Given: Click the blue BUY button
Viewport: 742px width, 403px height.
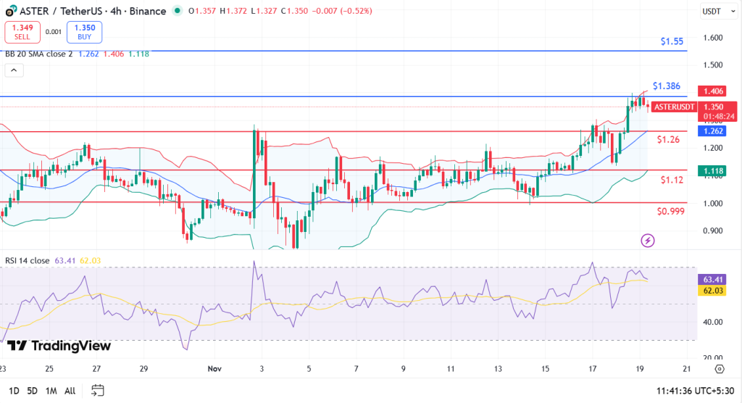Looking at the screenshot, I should pyautogui.click(x=84, y=32).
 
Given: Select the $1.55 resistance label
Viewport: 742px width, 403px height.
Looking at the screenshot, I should pyautogui.click(x=672, y=41).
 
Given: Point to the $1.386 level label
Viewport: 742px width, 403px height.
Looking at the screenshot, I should pyautogui.click(x=666, y=86).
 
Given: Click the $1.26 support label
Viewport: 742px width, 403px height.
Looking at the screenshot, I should pyautogui.click(x=667, y=139).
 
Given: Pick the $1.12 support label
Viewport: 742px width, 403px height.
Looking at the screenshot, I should pyautogui.click(x=670, y=179).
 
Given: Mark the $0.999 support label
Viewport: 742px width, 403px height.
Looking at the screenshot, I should pyautogui.click(x=670, y=211).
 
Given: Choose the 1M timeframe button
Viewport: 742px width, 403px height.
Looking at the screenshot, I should pyautogui.click(x=51, y=391).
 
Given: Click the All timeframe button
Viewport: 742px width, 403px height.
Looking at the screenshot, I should pyautogui.click(x=70, y=391).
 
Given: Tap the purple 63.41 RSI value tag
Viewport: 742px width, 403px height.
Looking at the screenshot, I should pyautogui.click(x=708, y=279).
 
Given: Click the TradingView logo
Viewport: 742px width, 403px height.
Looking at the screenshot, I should pyautogui.click(x=59, y=346).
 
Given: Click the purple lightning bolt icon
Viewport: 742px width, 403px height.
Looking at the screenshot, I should pyautogui.click(x=649, y=240).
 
